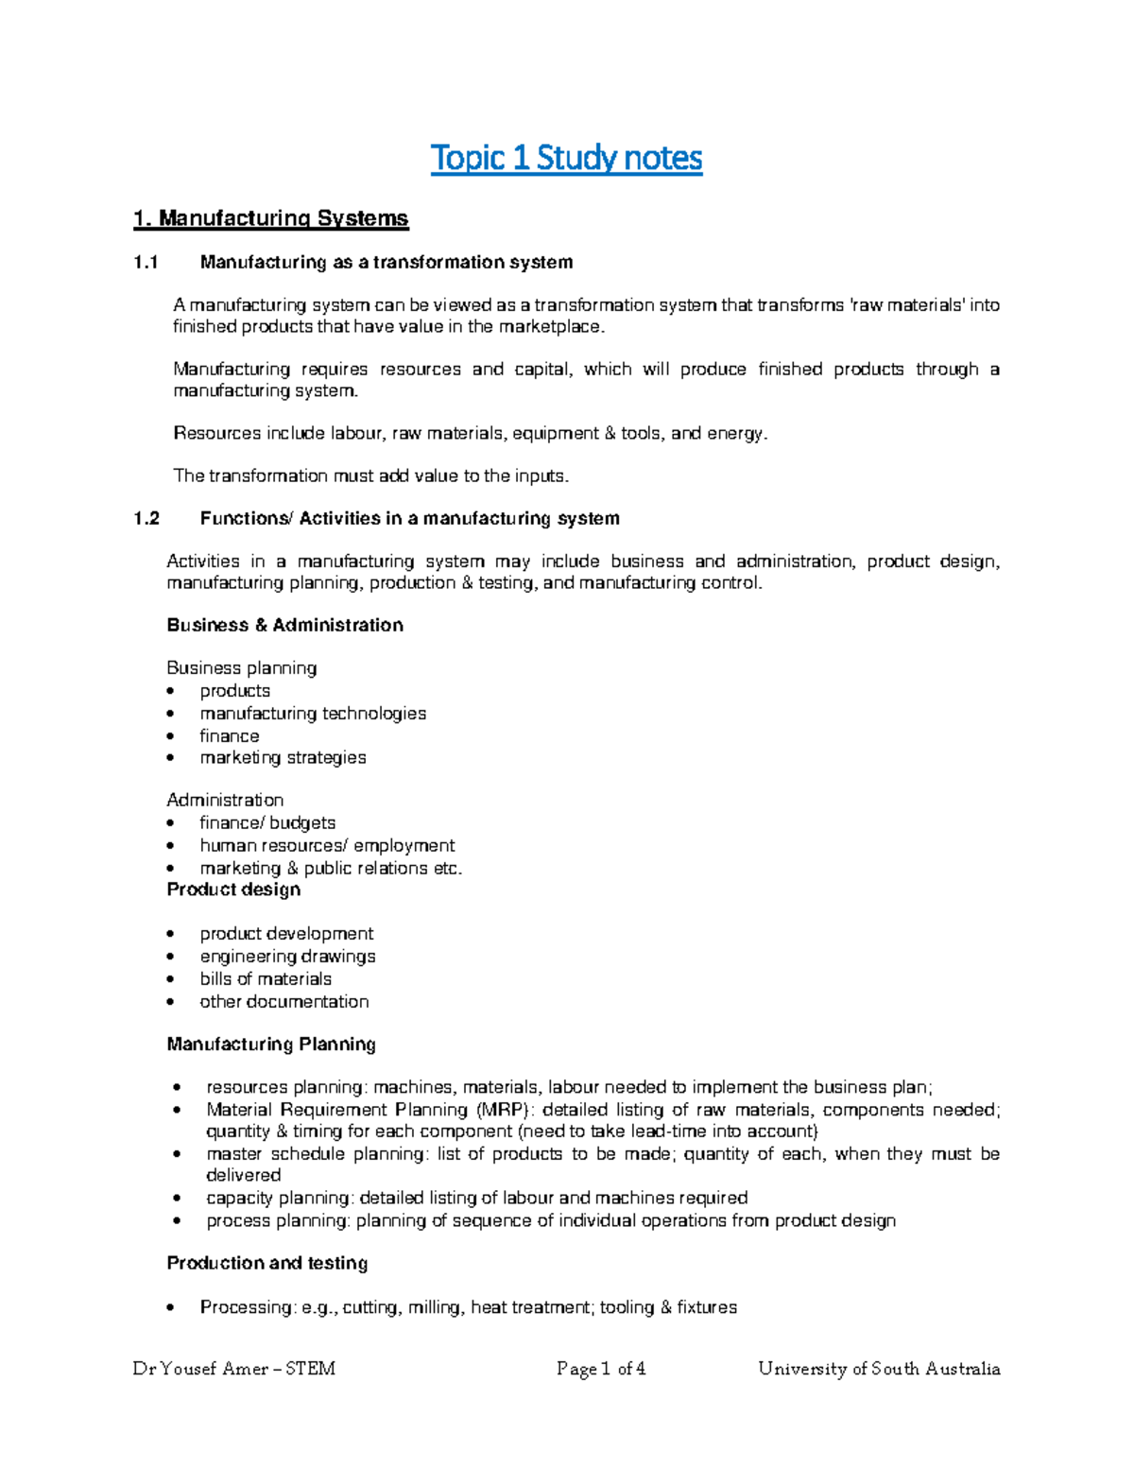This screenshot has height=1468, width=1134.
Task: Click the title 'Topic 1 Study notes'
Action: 566,158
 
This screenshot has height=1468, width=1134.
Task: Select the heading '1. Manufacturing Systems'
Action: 270,219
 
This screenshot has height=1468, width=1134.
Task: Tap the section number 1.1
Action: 146,263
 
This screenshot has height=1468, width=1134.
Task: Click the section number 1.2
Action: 146,519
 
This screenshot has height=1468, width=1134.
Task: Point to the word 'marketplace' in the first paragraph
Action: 548,327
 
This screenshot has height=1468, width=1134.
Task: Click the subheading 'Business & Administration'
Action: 284,625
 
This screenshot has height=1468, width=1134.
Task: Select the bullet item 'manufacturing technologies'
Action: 313,714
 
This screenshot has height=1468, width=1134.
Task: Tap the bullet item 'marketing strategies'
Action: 283,758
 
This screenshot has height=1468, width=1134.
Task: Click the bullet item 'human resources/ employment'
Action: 327,846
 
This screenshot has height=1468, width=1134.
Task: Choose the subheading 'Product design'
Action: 233,890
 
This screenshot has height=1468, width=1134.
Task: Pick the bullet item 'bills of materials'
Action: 266,979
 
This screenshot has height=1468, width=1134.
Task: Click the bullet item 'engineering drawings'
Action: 287,957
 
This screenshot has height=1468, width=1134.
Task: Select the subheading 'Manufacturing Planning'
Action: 271,1045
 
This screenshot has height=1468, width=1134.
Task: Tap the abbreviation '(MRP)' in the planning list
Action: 504,1110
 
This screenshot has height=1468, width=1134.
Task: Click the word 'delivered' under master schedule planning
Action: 244,1176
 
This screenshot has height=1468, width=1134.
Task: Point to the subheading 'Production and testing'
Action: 267,1264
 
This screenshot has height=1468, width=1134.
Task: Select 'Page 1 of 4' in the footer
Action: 601,1369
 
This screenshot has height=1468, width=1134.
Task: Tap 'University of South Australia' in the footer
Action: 879,1369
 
